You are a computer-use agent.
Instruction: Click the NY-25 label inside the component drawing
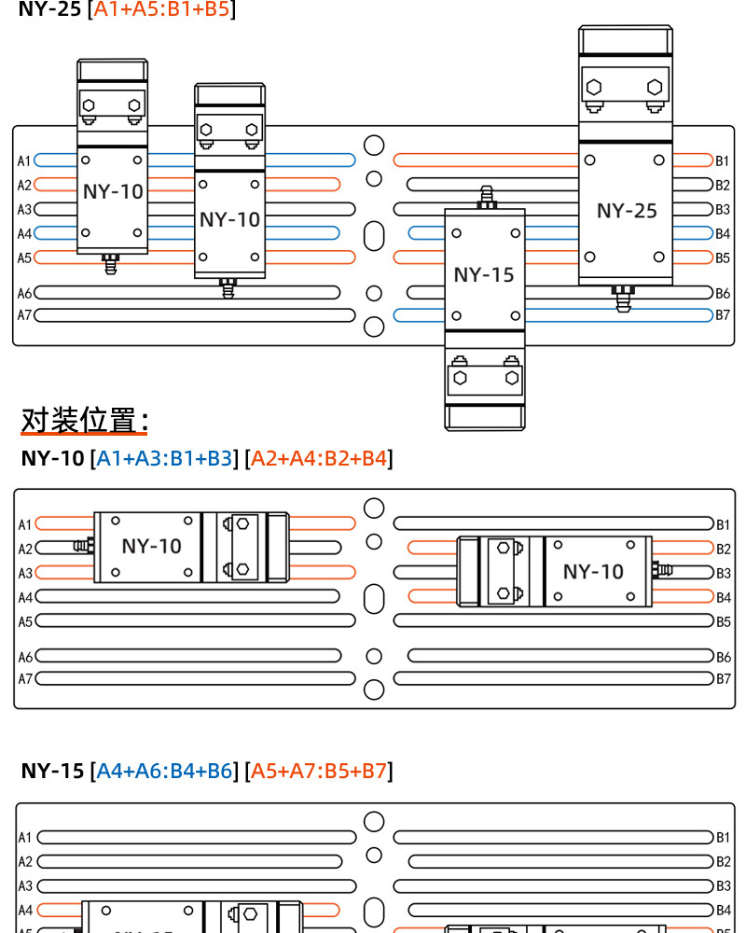point(627,211)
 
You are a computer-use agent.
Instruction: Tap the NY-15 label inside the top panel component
point(484,275)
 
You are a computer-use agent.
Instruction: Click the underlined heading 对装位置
point(84,421)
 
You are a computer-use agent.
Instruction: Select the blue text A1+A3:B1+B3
point(164,459)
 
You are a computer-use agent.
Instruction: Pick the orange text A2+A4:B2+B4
point(319,459)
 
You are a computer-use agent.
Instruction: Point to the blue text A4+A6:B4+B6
point(164,771)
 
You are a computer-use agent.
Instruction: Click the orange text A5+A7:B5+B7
point(319,771)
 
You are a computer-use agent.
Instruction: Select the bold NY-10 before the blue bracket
point(52,459)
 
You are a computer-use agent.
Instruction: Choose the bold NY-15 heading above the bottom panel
point(52,771)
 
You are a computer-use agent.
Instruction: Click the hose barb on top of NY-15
point(485,197)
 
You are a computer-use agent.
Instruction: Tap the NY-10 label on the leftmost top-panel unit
point(113,192)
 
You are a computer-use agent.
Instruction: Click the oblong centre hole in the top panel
point(374,235)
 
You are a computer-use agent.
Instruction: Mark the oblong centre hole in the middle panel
point(374,598)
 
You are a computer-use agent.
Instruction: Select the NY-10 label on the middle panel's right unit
point(593,571)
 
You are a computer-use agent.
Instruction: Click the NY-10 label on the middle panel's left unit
point(151,546)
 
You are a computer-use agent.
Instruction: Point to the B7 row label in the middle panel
point(723,678)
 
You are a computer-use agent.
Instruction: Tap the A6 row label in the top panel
point(24,294)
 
